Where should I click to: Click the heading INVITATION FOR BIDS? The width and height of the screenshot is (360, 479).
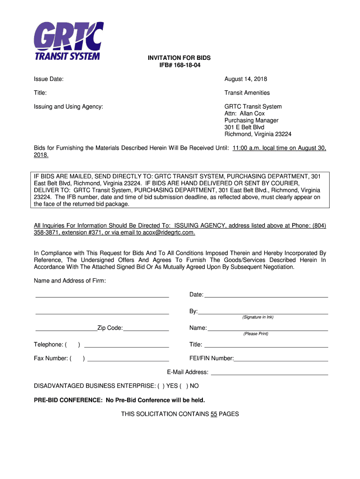(180, 58)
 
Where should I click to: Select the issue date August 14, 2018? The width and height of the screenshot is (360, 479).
(245, 79)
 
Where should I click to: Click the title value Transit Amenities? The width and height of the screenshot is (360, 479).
(247, 93)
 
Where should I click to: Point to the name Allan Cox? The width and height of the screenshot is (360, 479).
(252, 114)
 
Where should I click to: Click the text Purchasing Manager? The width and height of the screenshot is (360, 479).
(251, 120)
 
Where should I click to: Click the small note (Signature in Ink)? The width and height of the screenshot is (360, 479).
(258, 317)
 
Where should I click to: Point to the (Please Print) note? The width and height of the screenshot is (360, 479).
(256, 334)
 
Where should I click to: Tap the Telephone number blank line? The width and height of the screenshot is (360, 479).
(126, 347)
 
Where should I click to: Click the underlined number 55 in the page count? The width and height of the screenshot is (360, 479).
(214, 414)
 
